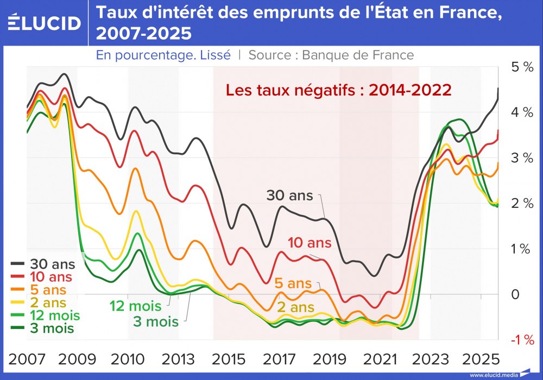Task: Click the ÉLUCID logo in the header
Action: click(x=45, y=23)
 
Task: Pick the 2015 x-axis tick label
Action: click(x=229, y=360)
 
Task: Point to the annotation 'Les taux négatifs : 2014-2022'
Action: click(x=338, y=90)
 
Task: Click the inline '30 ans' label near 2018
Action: click(x=289, y=195)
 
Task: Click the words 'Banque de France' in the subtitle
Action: click(x=358, y=55)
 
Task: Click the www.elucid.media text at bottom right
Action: click(x=493, y=375)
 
